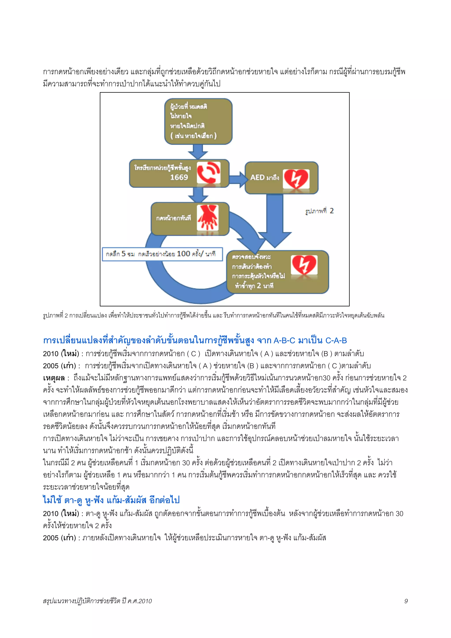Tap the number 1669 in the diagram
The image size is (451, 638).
[179, 177]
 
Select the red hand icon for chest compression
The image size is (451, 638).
[208, 218]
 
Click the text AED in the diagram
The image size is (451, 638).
[257, 178]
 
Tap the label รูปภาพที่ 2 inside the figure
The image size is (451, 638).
[319, 211]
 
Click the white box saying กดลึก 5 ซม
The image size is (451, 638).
[162, 254]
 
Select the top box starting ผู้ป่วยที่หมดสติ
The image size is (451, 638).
[198, 121]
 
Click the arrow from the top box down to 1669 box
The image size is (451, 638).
[198, 152]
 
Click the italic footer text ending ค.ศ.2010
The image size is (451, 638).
[97, 601]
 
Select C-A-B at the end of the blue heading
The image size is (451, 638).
[336, 340]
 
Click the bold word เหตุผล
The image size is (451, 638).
[54, 378]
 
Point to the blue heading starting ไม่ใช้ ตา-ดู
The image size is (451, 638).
[111, 500]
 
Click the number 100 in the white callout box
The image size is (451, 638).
[183, 254]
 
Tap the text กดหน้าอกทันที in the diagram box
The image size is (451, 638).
[173, 218]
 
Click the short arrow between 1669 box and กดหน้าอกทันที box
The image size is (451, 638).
[198, 195]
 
